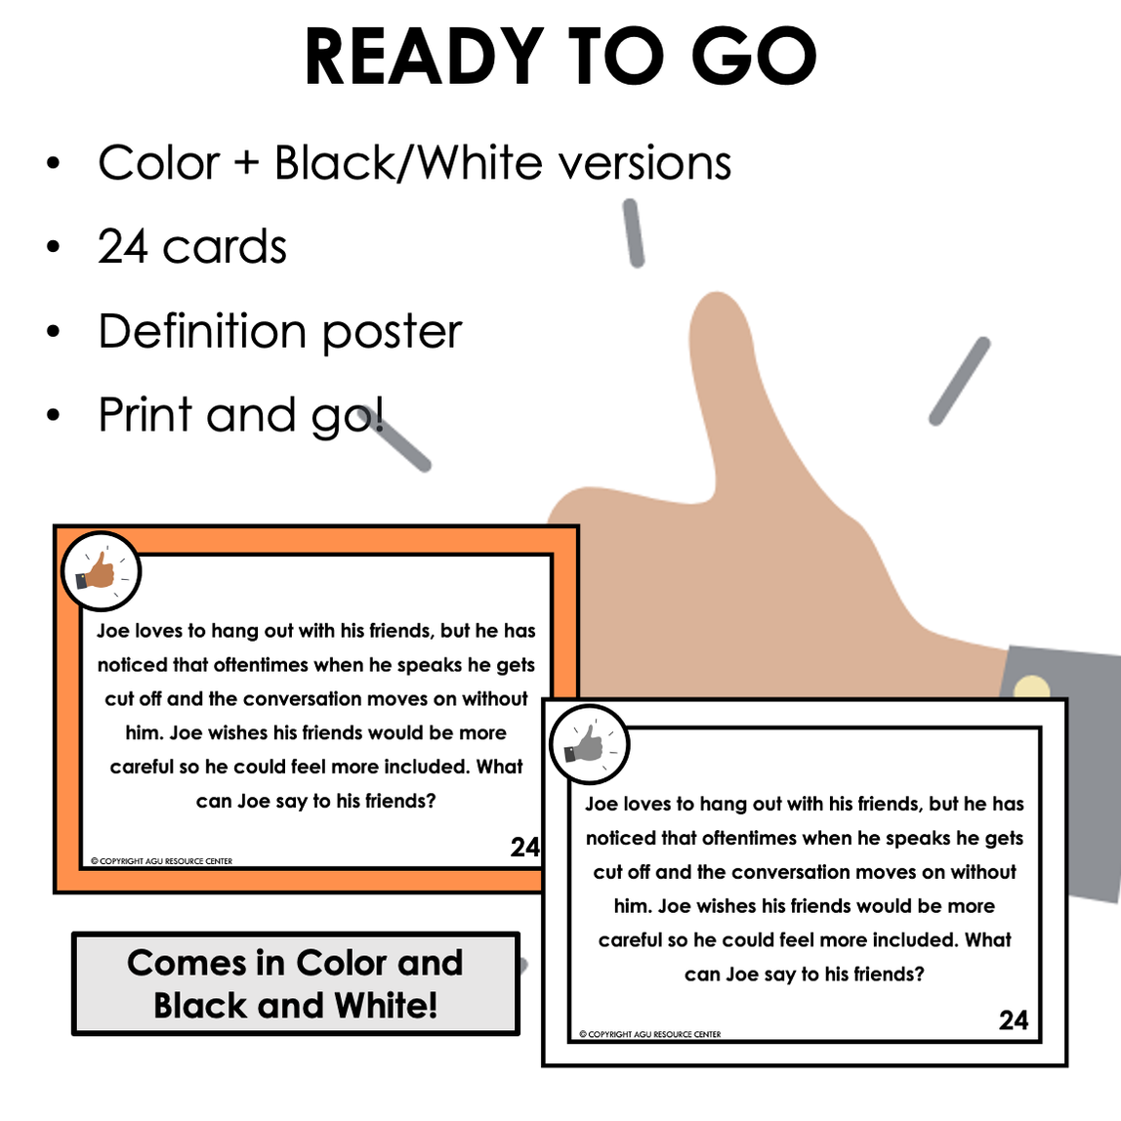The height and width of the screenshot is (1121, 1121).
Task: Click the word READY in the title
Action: (x=425, y=57)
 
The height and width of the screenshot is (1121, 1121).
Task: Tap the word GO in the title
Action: (x=754, y=57)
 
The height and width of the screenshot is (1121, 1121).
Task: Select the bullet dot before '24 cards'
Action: (x=54, y=247)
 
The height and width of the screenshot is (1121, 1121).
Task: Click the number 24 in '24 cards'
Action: (x=123, y=246)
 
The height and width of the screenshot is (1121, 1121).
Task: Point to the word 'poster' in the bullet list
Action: (x=392, y=333)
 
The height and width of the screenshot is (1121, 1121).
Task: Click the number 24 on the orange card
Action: (x=524, y=848)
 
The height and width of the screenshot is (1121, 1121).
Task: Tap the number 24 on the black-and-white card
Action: (x=1014, y=1020)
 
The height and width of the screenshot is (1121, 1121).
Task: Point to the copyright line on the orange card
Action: (x=161, y=861)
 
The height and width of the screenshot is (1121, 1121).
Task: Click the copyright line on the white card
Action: (x=650, y=1034)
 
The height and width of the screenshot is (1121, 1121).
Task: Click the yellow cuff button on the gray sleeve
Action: (x=1031, y=686)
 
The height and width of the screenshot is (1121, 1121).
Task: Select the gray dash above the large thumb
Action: (x=634, y=233)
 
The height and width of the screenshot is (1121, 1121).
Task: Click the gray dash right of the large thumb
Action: (x=960, y=381)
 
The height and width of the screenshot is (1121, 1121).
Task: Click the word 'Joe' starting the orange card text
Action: (x=113, y=631)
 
